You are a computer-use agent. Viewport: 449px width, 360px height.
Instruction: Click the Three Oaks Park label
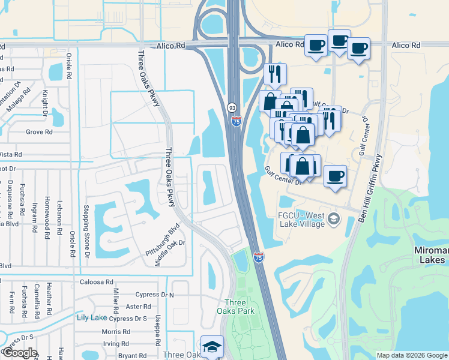point(235,307)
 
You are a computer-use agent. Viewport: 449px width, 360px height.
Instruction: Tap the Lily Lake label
point(91,317)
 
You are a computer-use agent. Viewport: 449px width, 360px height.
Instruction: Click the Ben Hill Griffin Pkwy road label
point(370,188)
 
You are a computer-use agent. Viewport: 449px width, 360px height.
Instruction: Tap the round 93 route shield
point(232,107)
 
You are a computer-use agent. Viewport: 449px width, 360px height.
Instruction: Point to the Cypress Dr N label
point(154,295)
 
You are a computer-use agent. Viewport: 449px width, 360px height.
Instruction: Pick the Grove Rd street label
point(39,132)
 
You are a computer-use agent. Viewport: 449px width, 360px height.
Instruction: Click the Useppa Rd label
point(158,329)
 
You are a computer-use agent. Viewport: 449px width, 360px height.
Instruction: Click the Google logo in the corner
point(20,353)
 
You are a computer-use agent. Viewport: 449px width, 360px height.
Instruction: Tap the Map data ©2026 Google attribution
point(411,355)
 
